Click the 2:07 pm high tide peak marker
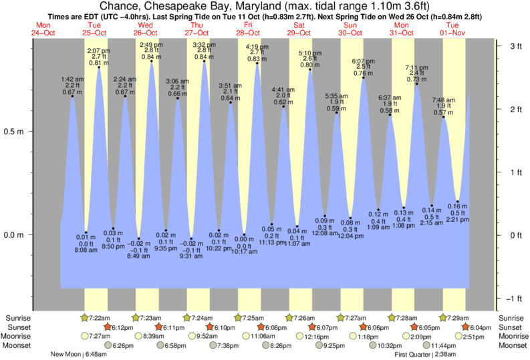click(x=99, y=67)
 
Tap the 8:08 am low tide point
click(x=86, y=232)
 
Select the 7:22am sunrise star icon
click(x=85, y=317)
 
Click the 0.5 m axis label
click(x=15, y=132)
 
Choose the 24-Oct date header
click(x=43, y=32)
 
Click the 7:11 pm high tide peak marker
click(x=417, y=83)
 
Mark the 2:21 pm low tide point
click(x=458, y=202)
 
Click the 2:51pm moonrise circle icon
click(x=460, y=336)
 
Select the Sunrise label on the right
click(x=512, y=317)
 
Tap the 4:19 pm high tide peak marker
click(x=257, y=63)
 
